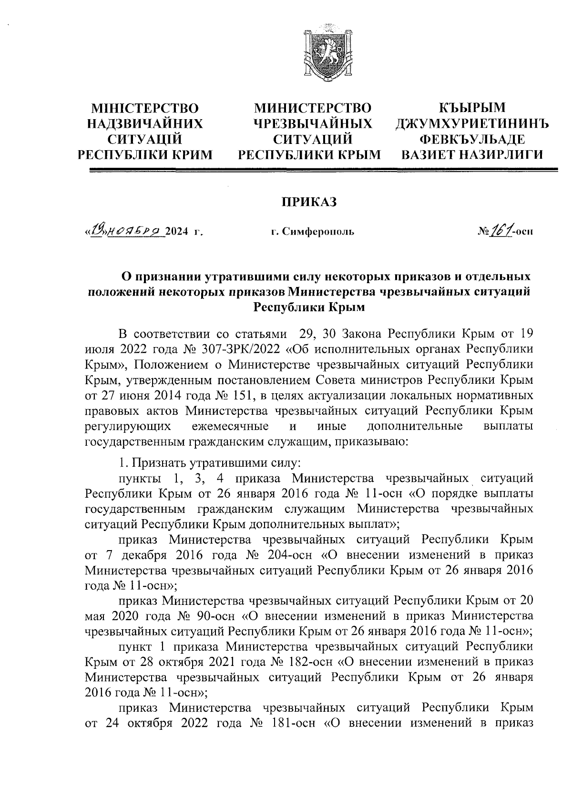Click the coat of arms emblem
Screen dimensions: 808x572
coord(328,52)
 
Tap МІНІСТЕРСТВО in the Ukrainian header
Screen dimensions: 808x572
coord(145,108)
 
